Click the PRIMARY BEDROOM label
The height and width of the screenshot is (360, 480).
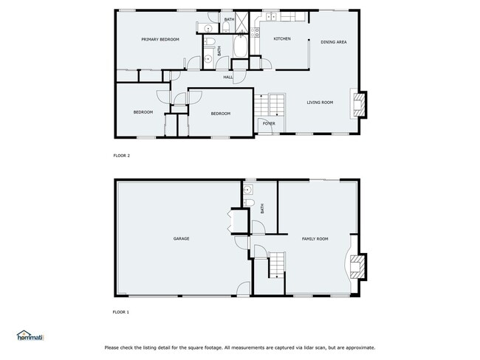[x=160, y=39]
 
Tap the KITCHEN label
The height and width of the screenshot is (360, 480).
[x=282, y=38]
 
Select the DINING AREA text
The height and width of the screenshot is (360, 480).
[x=334, y=42]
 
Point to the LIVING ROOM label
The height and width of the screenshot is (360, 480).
[x=320, y=103]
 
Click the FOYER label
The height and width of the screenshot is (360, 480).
[x=269, y=123]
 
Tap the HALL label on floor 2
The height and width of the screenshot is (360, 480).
[x=228, y=77]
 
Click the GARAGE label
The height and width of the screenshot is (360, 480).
[x=182, y=239]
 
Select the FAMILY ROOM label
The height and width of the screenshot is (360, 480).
[x=315, y=239]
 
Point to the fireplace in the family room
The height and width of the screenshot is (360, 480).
[x=357, y=267]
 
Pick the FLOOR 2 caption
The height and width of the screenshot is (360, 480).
[x=121, y=156]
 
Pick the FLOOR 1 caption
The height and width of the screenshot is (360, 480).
[x=120, y=312]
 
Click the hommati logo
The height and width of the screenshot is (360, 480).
[x=30, y=336]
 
